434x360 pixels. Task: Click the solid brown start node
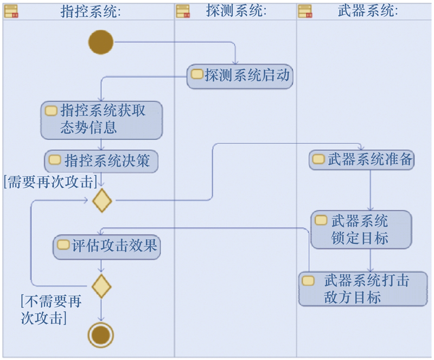click(101, 42)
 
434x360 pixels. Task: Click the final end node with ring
click(101, 335)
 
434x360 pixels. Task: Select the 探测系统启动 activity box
click(240, 76)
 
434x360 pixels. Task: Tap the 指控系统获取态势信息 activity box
click(101, 119)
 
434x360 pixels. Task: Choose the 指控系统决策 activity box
click(101, 161)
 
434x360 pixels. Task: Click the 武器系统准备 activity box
click(362, 160)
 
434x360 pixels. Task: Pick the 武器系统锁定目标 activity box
click(361, 230)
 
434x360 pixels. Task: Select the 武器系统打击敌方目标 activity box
click(363, 289)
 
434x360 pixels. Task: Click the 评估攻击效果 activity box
click(107, 247)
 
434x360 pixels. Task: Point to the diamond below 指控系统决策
click(102, 200)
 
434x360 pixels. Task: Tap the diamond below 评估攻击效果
click(101, 286)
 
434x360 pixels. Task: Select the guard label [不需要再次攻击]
click(51, 309)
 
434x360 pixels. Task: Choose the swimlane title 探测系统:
click(237, 11)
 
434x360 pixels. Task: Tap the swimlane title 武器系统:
click(367, 11)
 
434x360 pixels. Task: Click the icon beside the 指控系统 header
click(11, 11)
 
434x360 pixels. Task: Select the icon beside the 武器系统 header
click(305, 11)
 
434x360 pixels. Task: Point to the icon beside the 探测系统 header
click(183, 11)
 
